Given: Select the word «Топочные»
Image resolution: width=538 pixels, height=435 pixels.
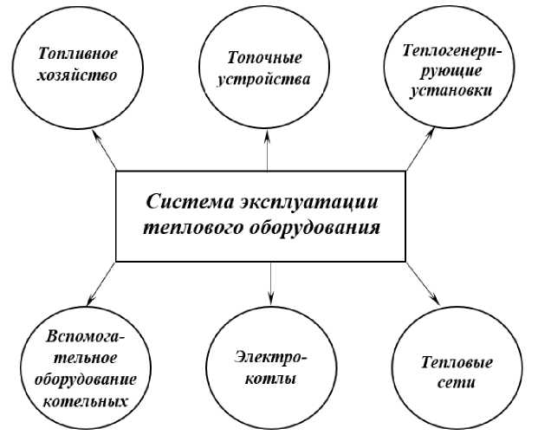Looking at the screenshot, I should [x=265, y=60].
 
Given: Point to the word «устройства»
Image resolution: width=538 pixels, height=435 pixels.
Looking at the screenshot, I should [x=265, y=81].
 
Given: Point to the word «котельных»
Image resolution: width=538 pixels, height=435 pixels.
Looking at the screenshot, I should [x=82, y=401].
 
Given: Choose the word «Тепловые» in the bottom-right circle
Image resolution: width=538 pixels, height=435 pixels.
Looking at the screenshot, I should [x=457, y=361].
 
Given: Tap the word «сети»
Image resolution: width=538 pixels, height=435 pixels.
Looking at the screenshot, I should [x=457, y=382].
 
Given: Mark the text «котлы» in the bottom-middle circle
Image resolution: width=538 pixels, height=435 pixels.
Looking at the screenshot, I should [x=270, y=379].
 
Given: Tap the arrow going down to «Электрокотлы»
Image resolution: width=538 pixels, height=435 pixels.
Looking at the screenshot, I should [x=271, y=281].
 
